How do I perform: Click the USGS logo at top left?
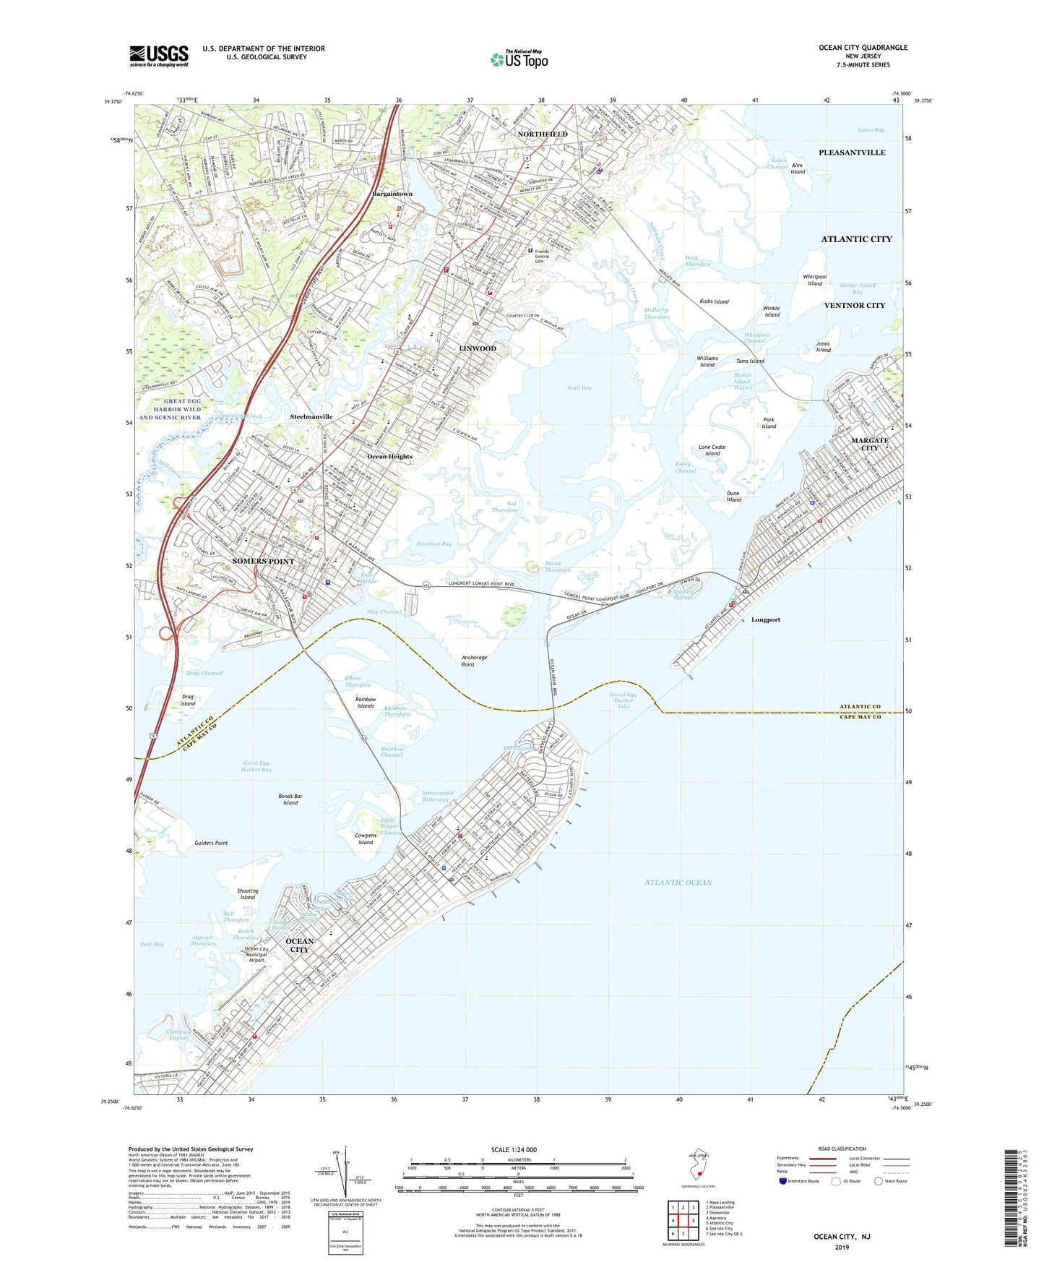pos(159,56)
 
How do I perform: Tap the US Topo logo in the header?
pos(519,59)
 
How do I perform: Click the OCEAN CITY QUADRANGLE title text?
pos(863,48)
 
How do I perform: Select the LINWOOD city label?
pos(478,348)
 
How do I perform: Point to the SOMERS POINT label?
pos(263,562)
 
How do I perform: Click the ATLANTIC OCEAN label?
pos(678,883)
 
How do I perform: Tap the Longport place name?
pos(765,620)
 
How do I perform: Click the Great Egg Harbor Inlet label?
pos(624,700)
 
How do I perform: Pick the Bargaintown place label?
pos(392,194)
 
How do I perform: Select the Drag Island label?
pos(188,700)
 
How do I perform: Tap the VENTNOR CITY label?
pos(854,306)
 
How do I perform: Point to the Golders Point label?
pos(211,843)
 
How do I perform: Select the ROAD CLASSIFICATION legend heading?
pos(842,1149)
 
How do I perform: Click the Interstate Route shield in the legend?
pos(783,1181)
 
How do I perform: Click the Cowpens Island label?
pos(366,839)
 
